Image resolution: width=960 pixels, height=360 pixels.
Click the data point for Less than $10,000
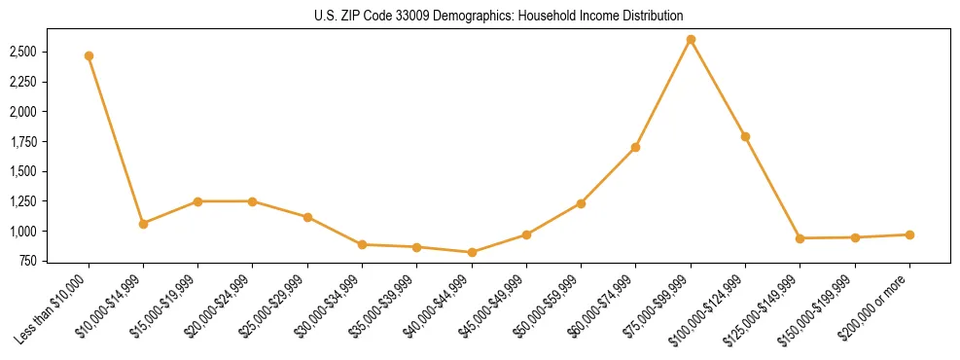(x=89, y=55)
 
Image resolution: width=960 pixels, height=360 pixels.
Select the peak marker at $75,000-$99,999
(x=691, y=39)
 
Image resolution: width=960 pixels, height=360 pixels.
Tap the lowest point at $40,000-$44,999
(x=472, y=252)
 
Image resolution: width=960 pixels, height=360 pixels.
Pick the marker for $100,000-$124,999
(x=745, y=136)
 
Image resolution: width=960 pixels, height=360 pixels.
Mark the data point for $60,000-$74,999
(x=635, y=147)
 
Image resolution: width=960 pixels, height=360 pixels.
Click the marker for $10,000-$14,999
(x=143, y=224)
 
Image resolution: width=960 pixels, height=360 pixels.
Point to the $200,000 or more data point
(x=909, y=234)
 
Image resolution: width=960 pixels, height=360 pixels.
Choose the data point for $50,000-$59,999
(x=581, y=203)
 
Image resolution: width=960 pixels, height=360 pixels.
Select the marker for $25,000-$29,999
(x=307, y=217)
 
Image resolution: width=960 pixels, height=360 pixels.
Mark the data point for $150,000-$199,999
(x=855, y=237)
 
